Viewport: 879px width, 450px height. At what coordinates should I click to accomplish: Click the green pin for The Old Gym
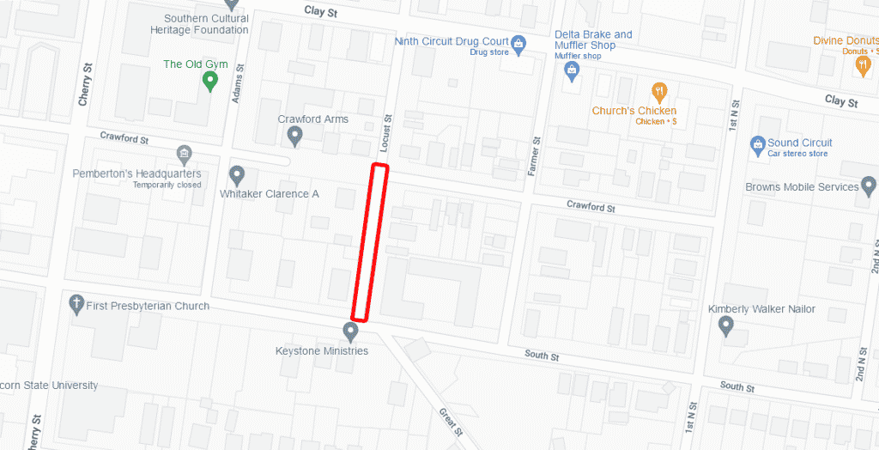point(209,81)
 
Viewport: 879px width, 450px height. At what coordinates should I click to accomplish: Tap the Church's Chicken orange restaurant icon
point(659,91)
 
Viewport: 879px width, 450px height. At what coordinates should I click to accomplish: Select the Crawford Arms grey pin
point(295,136)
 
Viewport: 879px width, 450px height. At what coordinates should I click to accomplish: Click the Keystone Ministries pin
point(350,331)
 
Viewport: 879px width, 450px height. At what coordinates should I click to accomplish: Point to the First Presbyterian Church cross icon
point(76,304)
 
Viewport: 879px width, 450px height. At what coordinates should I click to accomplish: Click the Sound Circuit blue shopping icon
point(757,143)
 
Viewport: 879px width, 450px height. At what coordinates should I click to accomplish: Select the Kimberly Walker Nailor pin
point(726,325)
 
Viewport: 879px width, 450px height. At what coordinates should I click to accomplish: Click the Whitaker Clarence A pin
point(238,175)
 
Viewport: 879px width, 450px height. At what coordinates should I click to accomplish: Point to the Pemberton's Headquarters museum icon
point(184,155)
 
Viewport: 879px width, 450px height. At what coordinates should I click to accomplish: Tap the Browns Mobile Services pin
point(869,185)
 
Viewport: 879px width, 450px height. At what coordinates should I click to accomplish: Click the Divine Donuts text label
point(846,40)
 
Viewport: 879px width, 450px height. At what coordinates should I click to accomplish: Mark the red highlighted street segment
point(370,242)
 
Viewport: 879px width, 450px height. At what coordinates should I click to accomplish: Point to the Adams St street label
point(239,84)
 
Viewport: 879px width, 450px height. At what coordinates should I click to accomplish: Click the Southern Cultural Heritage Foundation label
point(206,24)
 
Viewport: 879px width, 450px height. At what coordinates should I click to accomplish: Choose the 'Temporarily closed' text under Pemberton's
point(167,185)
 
